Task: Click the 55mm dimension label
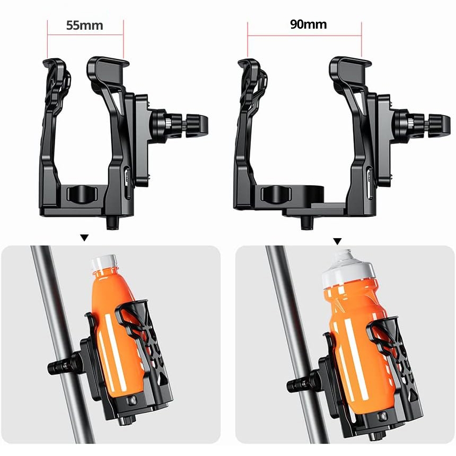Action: tap(85, 25)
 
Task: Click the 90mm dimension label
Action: tap(309, 24)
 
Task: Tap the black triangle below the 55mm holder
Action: tap(84, 238)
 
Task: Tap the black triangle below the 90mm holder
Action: tap(337, 241)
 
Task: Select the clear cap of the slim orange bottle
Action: tap(104, 262)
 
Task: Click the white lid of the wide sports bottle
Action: tap(349, 268)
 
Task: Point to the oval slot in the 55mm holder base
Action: tap(82, 194)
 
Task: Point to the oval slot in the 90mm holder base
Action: tap(276, 194)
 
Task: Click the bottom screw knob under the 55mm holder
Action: tap(112, 223)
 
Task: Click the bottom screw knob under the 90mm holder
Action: tap(307, 223)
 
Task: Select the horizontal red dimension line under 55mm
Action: tap(85, 35)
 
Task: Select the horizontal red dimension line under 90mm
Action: tap(304, 36)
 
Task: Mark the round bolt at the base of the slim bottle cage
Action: tap(130, 401)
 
